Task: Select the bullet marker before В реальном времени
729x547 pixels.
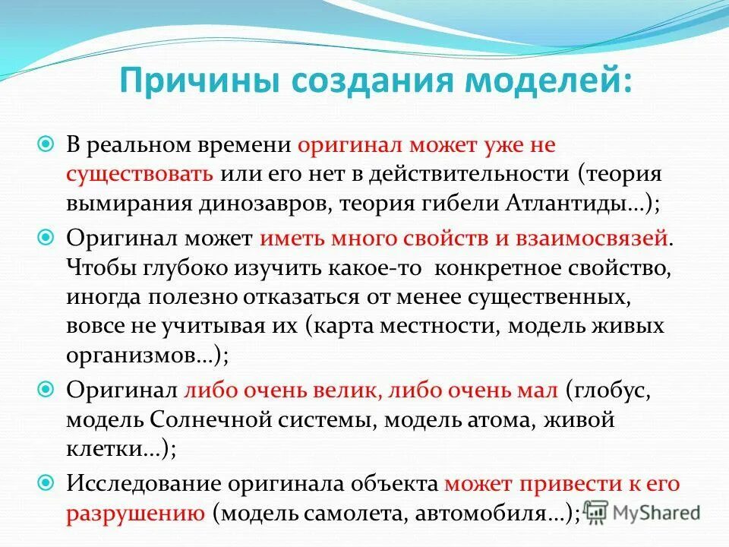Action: point(45,144)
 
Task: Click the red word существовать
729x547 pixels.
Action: point(139,173)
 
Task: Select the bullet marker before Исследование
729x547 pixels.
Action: point(45,482)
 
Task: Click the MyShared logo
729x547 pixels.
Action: point(643,511)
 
